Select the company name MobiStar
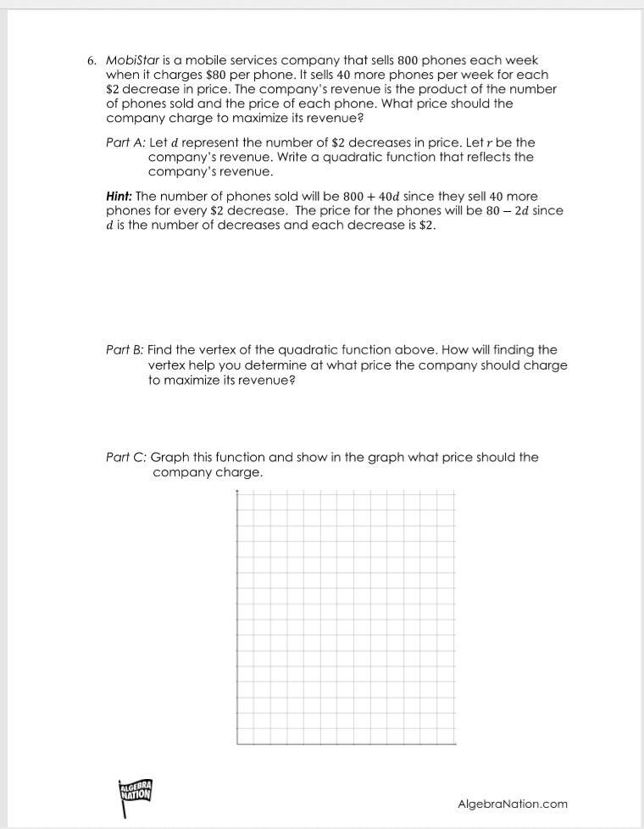[x=130, y=61]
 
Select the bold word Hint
[x=119, y=197]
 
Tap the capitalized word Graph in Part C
[x=169, y=458]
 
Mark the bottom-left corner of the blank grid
[x=237, y=744]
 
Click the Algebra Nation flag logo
[x=136, y=795]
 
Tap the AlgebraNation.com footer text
[x=513, y=804]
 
